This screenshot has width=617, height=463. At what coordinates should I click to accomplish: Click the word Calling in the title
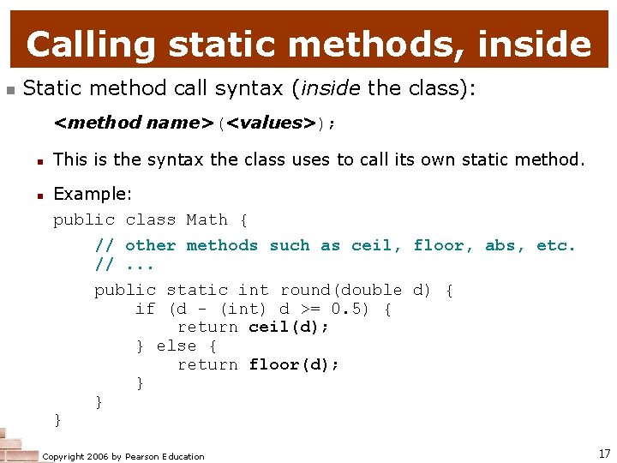(90, 44)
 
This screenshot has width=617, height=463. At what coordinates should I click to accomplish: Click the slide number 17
(604, 454)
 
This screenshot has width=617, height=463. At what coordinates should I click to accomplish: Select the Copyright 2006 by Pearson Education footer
(123, 456)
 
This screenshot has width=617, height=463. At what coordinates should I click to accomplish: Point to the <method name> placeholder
(133, 123)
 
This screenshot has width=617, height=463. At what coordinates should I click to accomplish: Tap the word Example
(92, 195)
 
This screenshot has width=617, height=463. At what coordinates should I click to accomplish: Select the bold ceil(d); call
(289, 327)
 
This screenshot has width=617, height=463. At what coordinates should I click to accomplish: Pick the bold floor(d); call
(294, 364)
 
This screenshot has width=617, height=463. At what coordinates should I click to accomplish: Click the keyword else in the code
(176, 346)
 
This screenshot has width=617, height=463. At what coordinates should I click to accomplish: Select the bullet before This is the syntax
(39, 159)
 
